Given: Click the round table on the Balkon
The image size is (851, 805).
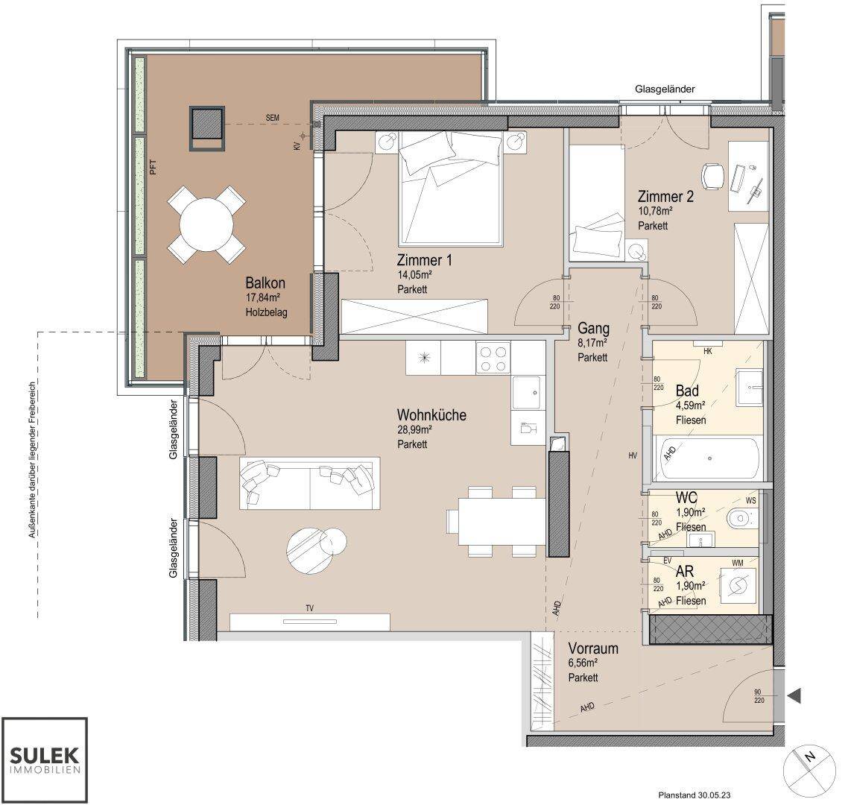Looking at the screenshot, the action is pyautogui.click(x=206, y=224).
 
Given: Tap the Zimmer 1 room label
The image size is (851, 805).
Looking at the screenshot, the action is pyautogui.click(x=424, y=260).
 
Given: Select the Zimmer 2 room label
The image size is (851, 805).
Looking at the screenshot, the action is pyautogui.click(x=665, y=196).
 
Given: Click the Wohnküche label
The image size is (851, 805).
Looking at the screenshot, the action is pyautogui.click(x=431, y=414).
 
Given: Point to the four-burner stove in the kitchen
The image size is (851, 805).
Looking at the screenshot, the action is pyautogui.click(x=493, y=358).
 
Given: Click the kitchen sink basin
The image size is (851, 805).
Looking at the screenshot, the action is pyautogui.click(x=526, y=393).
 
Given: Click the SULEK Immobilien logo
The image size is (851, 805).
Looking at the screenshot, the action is pyautogui.click(x=45, y=760).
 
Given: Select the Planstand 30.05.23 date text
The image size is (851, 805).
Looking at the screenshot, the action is pyautogui.click(x=693, y=796).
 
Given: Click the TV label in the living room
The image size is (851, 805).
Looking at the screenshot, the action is pyautogui.click(x=309, y=608).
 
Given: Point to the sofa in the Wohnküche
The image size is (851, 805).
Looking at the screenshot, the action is pyautogui.click(x=309, y=483).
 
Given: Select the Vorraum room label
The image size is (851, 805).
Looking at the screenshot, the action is pyautogui.click(x=593, y=648).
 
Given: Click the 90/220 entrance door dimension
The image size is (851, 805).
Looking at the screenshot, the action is pyautogui.click(x=759, y=696).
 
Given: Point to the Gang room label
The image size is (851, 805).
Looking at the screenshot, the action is pyautogui.click(x=593, y=329).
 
